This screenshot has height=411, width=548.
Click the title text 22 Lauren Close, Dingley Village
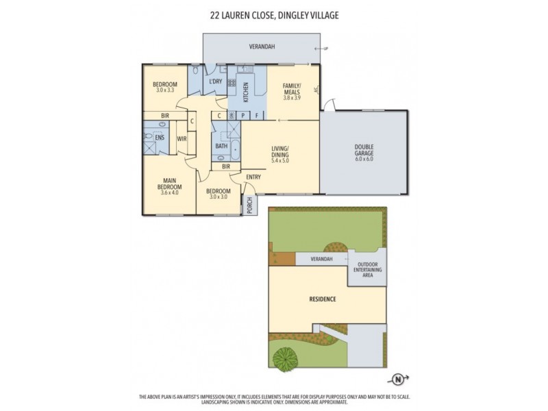[273, 13]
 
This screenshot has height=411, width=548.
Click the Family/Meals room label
[292, 89]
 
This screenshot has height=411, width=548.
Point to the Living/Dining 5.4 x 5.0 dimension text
[281, 160]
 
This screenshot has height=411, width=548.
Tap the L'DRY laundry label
[215, 82]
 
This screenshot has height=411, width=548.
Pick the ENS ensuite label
[160, 138]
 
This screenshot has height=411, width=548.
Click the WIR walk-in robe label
[182, 138]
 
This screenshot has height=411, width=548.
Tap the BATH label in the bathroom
[221, 146]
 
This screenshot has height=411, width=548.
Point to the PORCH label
[250, 205]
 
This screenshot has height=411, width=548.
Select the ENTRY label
[253, 177]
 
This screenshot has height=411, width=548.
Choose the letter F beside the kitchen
[257, 116]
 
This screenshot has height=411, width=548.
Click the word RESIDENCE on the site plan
[322, 299]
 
